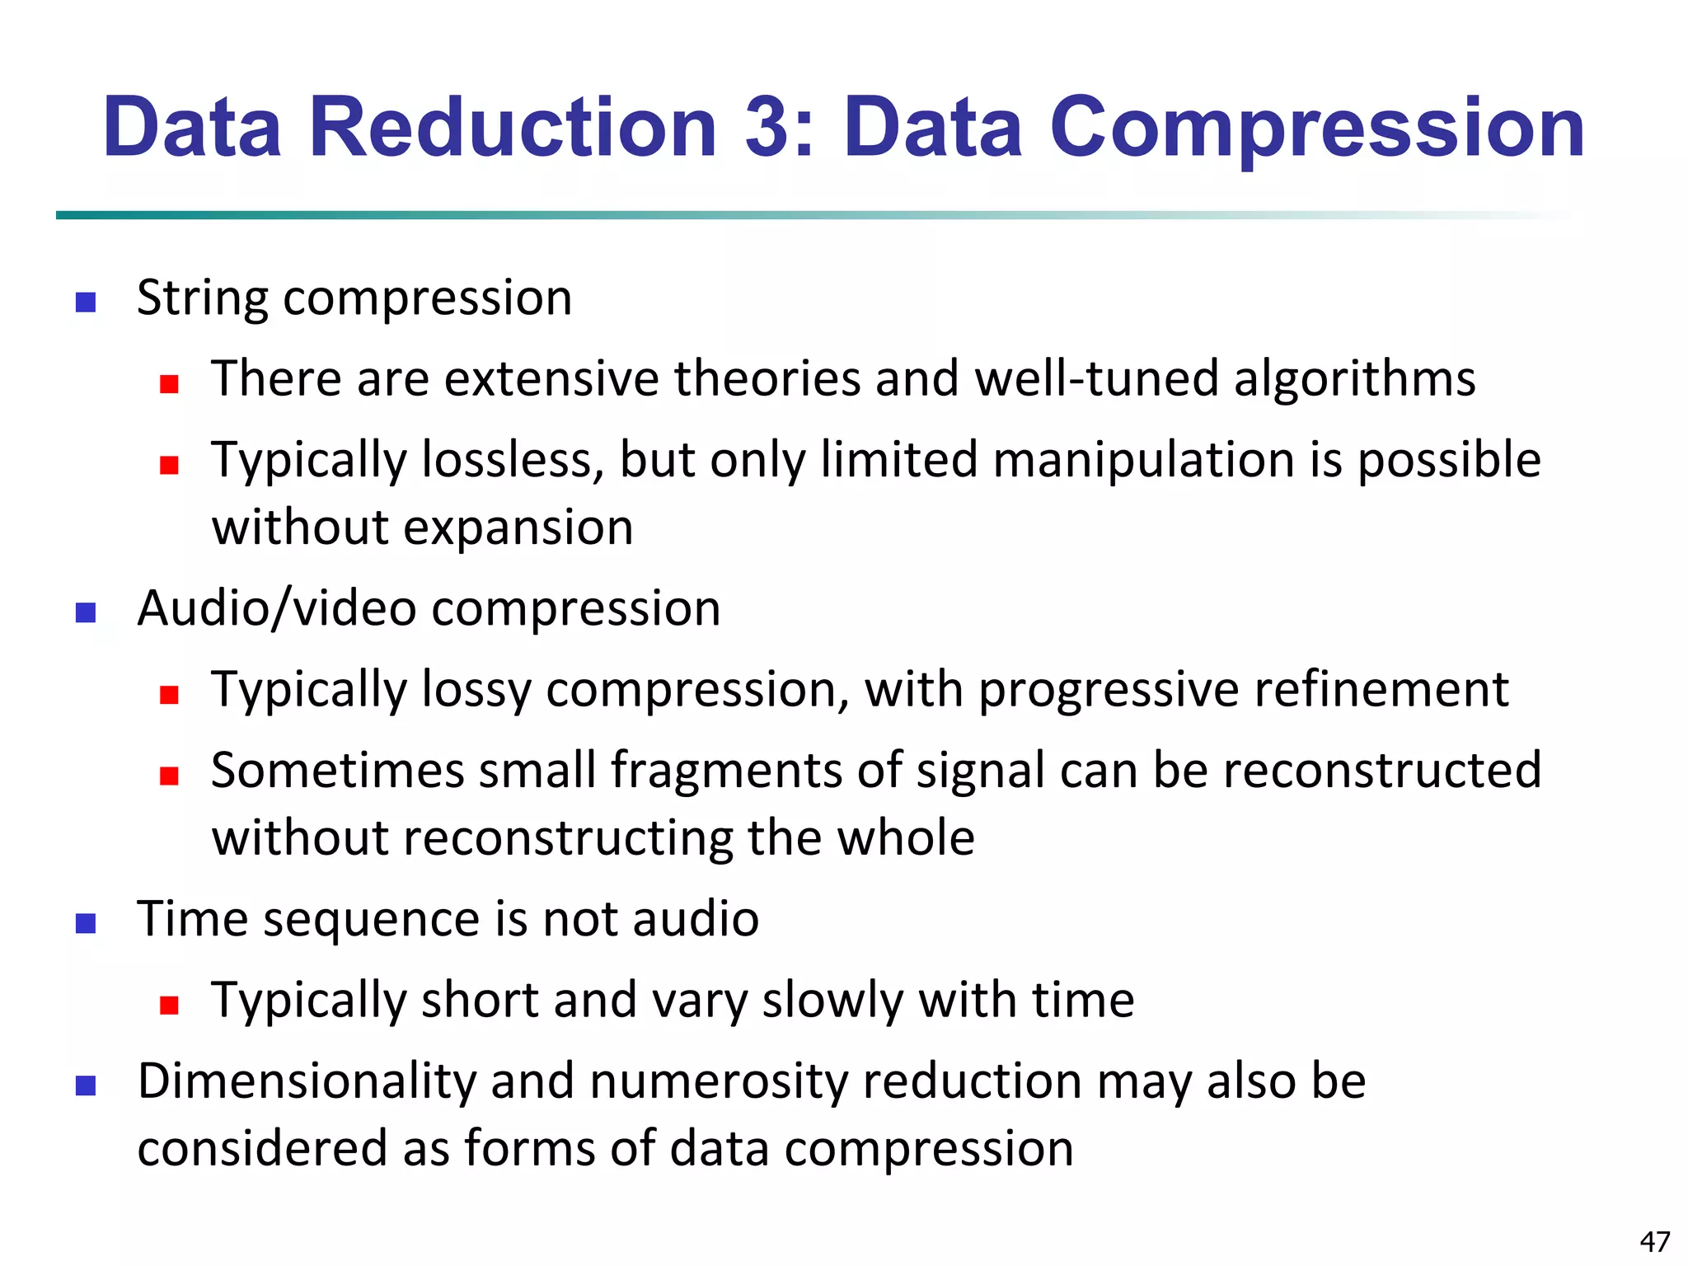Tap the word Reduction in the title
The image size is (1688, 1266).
[513, 128]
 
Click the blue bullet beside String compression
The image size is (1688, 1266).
[86, 302]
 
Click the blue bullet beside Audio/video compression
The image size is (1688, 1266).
[86, 613]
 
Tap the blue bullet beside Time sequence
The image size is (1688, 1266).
[86, 923]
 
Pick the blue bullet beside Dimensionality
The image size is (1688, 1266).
[86, 1085]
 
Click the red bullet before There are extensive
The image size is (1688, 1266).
[170, 384]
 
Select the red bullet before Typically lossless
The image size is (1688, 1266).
[170, 466]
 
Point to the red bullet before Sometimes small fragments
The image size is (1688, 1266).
[170, 776]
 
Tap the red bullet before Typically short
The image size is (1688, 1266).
[170, 1005]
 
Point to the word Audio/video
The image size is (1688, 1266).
[277, 609]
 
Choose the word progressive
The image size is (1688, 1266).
[1109, 691]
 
